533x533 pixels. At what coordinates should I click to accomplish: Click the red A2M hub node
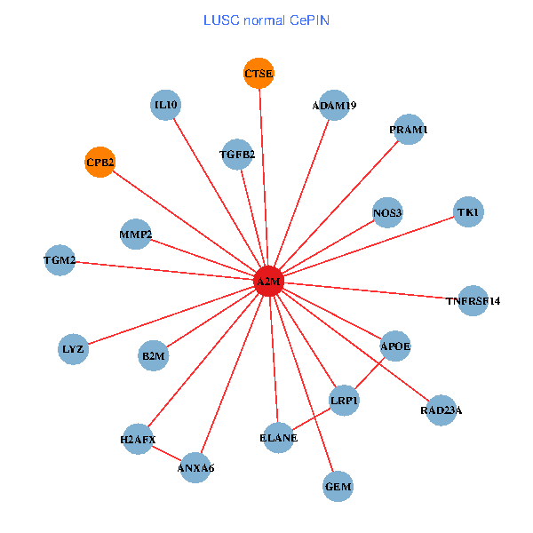pos(268,282)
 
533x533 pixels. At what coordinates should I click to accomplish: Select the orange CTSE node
pos(259,73)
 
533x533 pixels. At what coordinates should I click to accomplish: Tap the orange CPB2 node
pos(99,162)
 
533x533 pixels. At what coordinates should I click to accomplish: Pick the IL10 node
pos(166,105)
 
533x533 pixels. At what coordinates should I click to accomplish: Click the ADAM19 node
pos(333,106)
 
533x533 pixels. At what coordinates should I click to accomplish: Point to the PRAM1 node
pos(408,130)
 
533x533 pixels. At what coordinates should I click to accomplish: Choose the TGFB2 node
pos(237,155)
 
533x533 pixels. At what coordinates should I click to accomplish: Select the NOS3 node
pos(387,212)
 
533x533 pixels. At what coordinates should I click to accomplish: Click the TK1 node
pos(467,212)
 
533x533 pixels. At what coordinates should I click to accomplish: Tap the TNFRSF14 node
pos(473,300)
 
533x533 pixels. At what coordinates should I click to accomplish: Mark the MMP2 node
pos(135,235)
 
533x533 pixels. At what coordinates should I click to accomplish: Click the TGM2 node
pos(60,260)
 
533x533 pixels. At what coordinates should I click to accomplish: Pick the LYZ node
pos(73,348)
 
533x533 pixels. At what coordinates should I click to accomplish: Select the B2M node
pos(153,356)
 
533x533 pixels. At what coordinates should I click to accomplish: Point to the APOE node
pos(395,345)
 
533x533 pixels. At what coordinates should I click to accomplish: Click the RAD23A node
pos(441,410)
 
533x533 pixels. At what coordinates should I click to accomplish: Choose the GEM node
pos(338,486)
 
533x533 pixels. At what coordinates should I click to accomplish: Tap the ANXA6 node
pos(195,466)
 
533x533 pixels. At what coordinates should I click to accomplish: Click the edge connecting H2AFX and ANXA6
pos(167,453)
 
